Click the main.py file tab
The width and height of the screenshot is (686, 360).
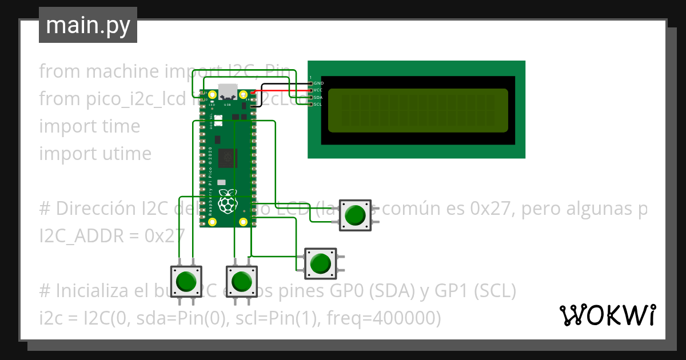[87, 25]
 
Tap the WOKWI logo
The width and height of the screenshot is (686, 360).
[607, 315]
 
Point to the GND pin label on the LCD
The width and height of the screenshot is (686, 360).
[319, 83]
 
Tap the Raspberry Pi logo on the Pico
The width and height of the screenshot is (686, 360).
[228, 201]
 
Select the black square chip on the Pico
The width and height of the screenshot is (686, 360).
[228, 158]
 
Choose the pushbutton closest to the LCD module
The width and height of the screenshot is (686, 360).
[356, 215]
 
